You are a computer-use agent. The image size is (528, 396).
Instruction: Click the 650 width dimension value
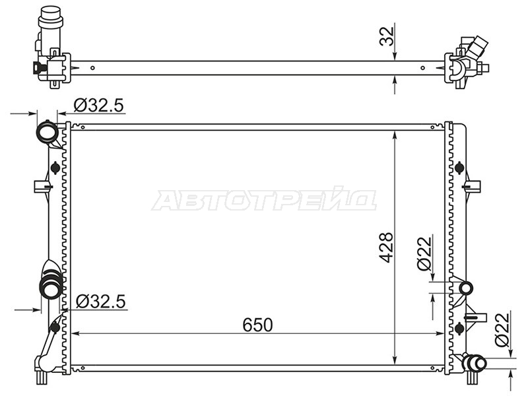(257, 325)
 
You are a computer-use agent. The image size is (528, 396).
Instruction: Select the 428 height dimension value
(386, 247)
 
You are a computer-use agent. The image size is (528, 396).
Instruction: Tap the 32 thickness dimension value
(387, 36)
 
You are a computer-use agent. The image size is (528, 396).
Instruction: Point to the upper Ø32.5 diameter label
(98, 106)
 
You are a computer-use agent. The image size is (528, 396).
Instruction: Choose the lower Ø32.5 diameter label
(101, 301)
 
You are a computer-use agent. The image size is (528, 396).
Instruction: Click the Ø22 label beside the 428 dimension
(424, 253)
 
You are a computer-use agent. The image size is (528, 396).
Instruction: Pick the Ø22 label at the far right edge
(502, 330)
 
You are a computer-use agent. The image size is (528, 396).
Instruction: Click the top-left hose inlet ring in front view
(48, 132)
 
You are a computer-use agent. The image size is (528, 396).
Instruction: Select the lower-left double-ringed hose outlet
(51, 286)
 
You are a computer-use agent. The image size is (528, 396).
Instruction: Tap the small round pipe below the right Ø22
(467, 288)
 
